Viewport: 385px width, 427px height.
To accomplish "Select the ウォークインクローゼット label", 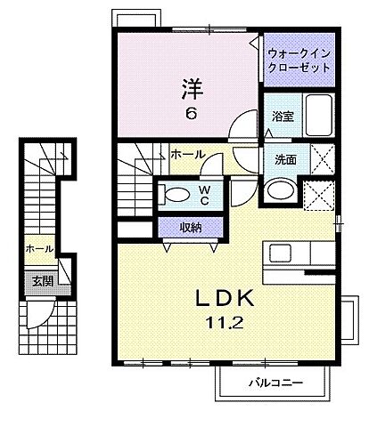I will pyautogui.click(x=298, y=60).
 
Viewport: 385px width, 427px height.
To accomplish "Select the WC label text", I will pyautogui.click(x=204, y=193).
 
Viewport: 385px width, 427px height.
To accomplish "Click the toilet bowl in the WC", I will pyautogui.click(x=176, y=195).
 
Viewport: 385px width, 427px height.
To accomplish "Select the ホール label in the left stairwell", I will pyautogui.click(x=40, y=249).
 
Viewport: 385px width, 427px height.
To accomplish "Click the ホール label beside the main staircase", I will pyautogui.click(x=189, y=153).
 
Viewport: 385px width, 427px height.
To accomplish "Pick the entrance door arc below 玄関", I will pyautogui.click(x=42, y=313).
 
